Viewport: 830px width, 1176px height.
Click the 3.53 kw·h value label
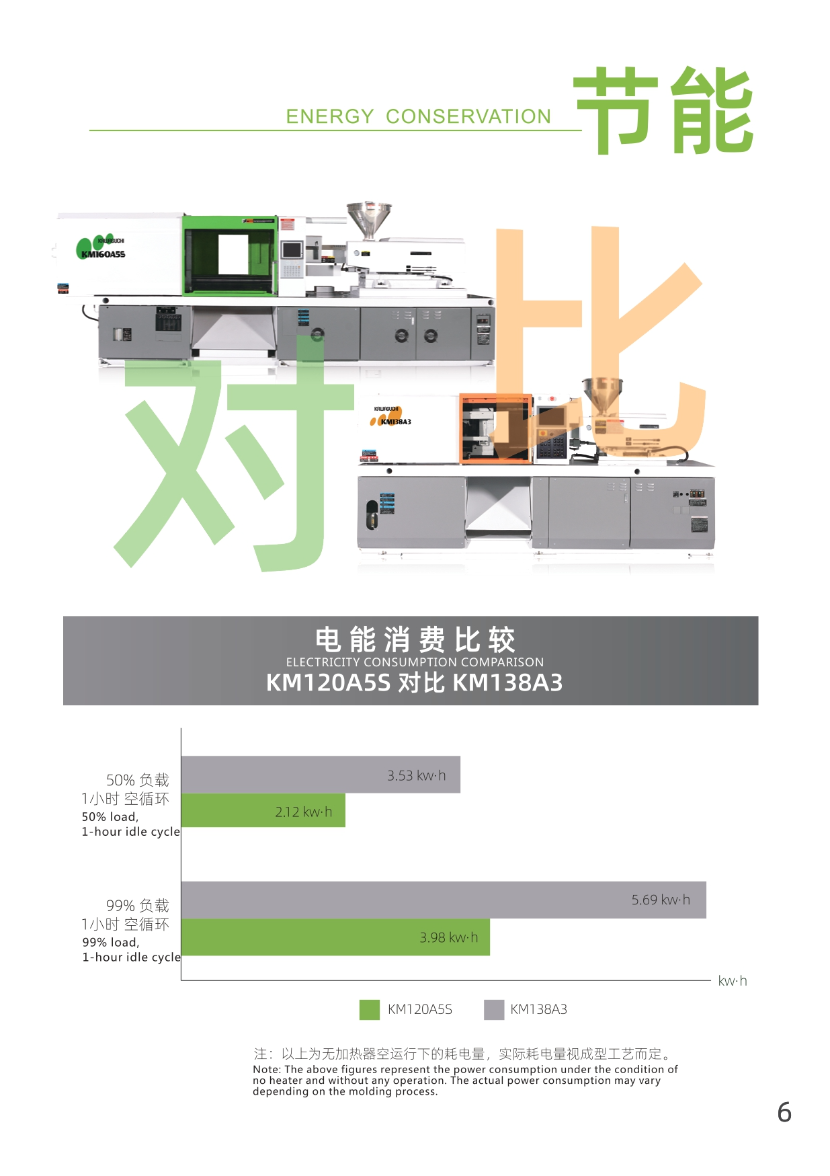point(416,775)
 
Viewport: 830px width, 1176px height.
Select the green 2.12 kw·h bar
point(263,810)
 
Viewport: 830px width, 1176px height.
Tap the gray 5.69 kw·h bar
point(444,900)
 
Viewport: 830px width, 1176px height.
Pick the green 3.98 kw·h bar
point(335,937)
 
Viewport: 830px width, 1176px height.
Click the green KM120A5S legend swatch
point(370,1009)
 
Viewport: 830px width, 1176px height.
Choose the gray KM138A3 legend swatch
point(494,1009)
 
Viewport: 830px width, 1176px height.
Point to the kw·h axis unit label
point(732,981)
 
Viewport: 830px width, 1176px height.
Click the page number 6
point(784,1113)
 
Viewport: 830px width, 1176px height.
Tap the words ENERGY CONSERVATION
point(419,116)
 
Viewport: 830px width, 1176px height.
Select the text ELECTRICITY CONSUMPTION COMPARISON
point(415,662)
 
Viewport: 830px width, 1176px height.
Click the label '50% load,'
point(110,817)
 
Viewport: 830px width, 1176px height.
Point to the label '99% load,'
point(111,943)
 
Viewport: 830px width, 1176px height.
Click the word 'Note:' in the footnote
point(267,1070)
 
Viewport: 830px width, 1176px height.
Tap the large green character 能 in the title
point(712,111)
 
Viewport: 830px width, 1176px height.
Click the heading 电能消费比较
point(415,639)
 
